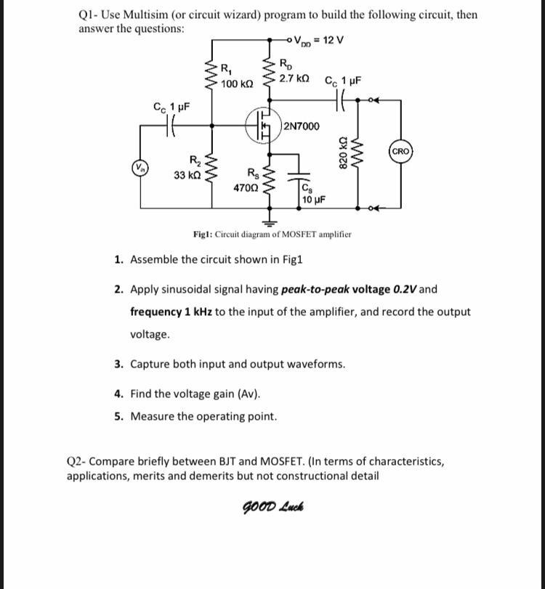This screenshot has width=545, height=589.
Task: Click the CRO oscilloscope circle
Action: pos(401,152)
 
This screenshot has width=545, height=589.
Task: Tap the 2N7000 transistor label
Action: pos(301,126)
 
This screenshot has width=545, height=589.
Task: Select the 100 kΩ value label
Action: pos(237,85)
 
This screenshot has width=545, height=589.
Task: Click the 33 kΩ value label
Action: pos(187,175)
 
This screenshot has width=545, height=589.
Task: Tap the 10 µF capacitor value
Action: pos(312,199)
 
